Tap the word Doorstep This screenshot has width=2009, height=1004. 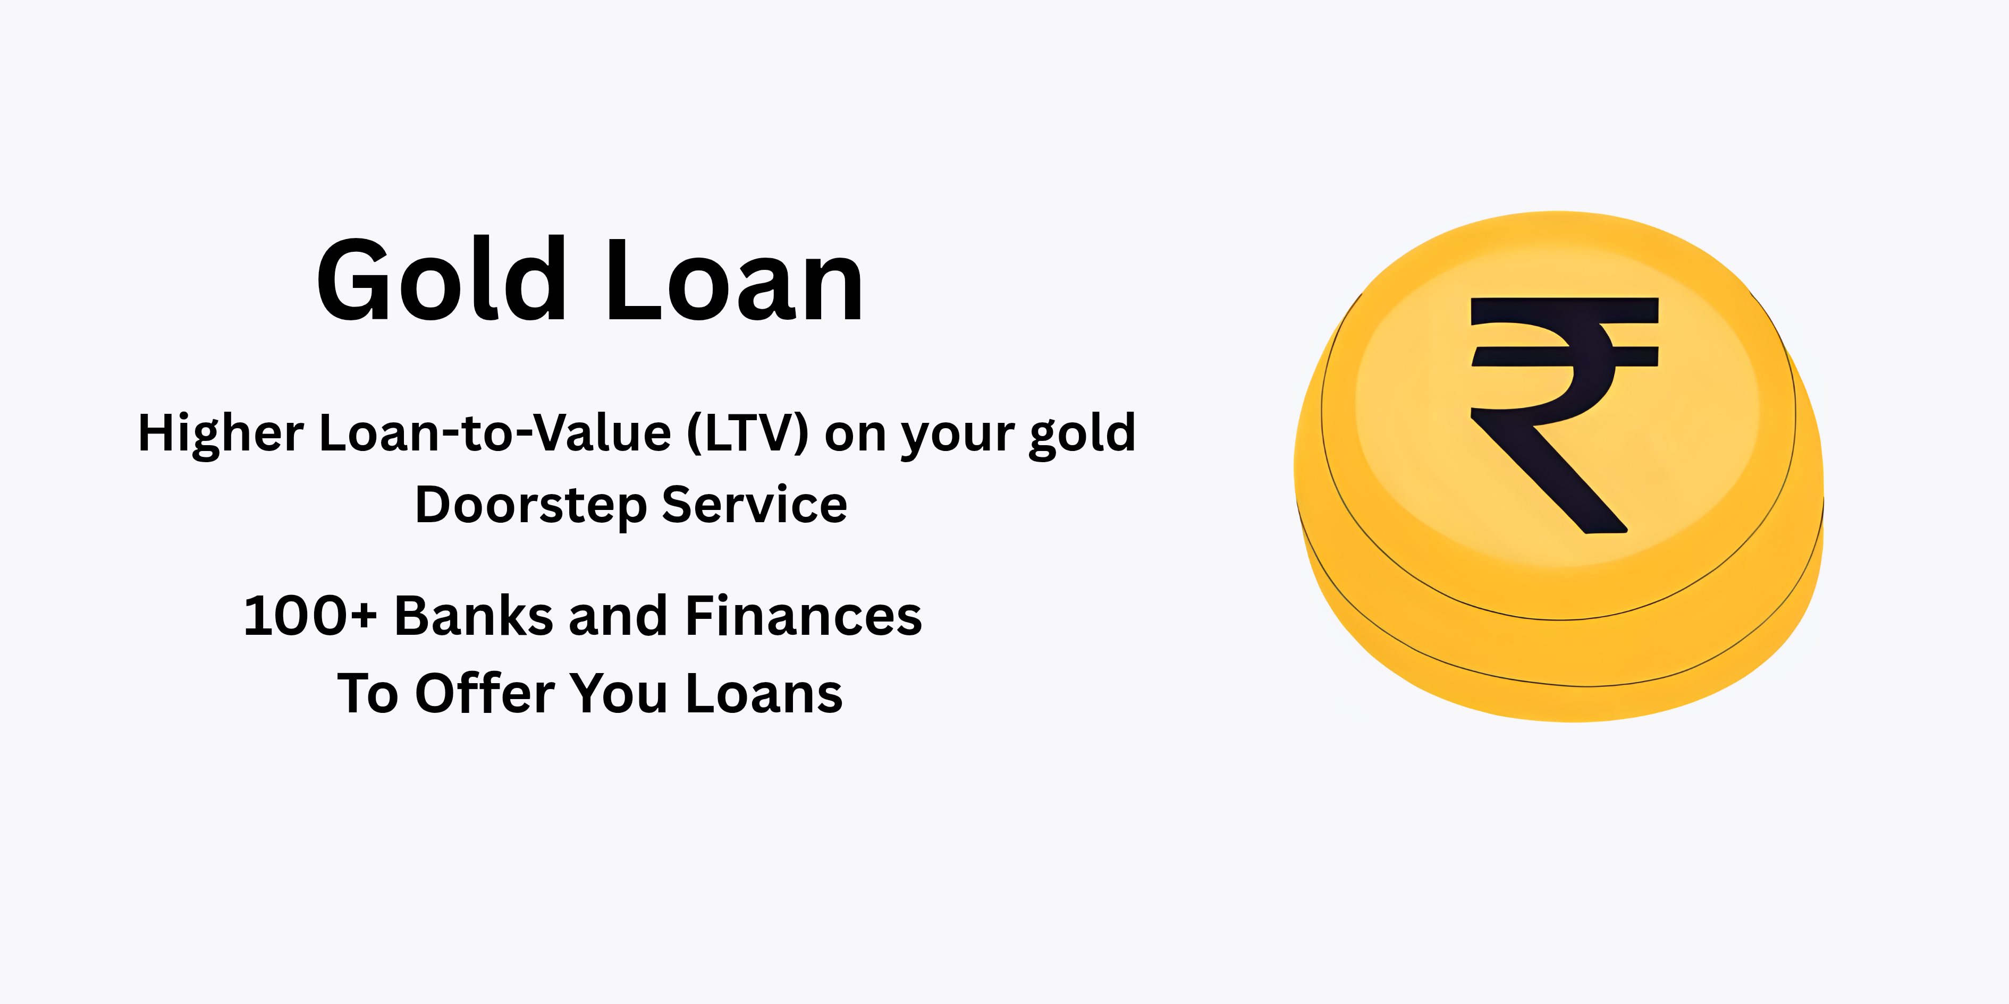(530, 506)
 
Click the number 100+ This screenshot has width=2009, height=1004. (310, 616)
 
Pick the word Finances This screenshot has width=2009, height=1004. (803, 616)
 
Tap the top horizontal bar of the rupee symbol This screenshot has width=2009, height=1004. (1564, 310)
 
